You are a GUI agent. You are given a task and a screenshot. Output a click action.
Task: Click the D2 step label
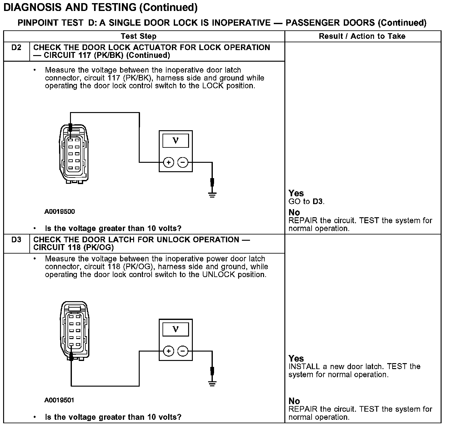coord(16,48)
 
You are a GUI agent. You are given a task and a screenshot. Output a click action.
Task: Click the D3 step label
coord(16,240)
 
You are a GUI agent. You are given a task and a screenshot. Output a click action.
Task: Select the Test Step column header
coord(138,36)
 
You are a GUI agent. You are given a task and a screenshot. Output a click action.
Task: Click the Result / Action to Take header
coord(362,36)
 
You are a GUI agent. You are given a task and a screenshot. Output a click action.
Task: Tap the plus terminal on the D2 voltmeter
coord(168,162)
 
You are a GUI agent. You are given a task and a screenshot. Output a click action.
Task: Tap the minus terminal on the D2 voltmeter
coord(183,162)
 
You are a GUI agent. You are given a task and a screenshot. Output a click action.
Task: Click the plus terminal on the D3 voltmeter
coord(168,351)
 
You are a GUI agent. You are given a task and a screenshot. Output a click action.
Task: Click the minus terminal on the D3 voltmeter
coord(183,351)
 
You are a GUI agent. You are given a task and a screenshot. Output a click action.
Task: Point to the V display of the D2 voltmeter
coord(176,141)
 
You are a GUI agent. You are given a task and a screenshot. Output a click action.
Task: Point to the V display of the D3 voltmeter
coord(176,329)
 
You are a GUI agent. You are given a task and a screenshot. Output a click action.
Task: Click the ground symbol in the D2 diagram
coord(212,195)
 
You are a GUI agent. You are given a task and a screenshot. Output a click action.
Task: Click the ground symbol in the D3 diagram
coord(212,383)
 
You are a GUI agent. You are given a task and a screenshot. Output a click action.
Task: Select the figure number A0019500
coord(60,212)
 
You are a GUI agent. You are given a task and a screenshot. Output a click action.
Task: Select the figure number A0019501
coord(59,400)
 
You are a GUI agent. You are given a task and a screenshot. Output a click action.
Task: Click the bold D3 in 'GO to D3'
coord(317,201)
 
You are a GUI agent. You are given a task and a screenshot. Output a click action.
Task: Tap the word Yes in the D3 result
coord(296,358)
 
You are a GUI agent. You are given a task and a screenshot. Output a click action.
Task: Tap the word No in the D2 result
coord(294,213)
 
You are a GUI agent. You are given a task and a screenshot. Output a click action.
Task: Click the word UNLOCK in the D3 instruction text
coord(218,275)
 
